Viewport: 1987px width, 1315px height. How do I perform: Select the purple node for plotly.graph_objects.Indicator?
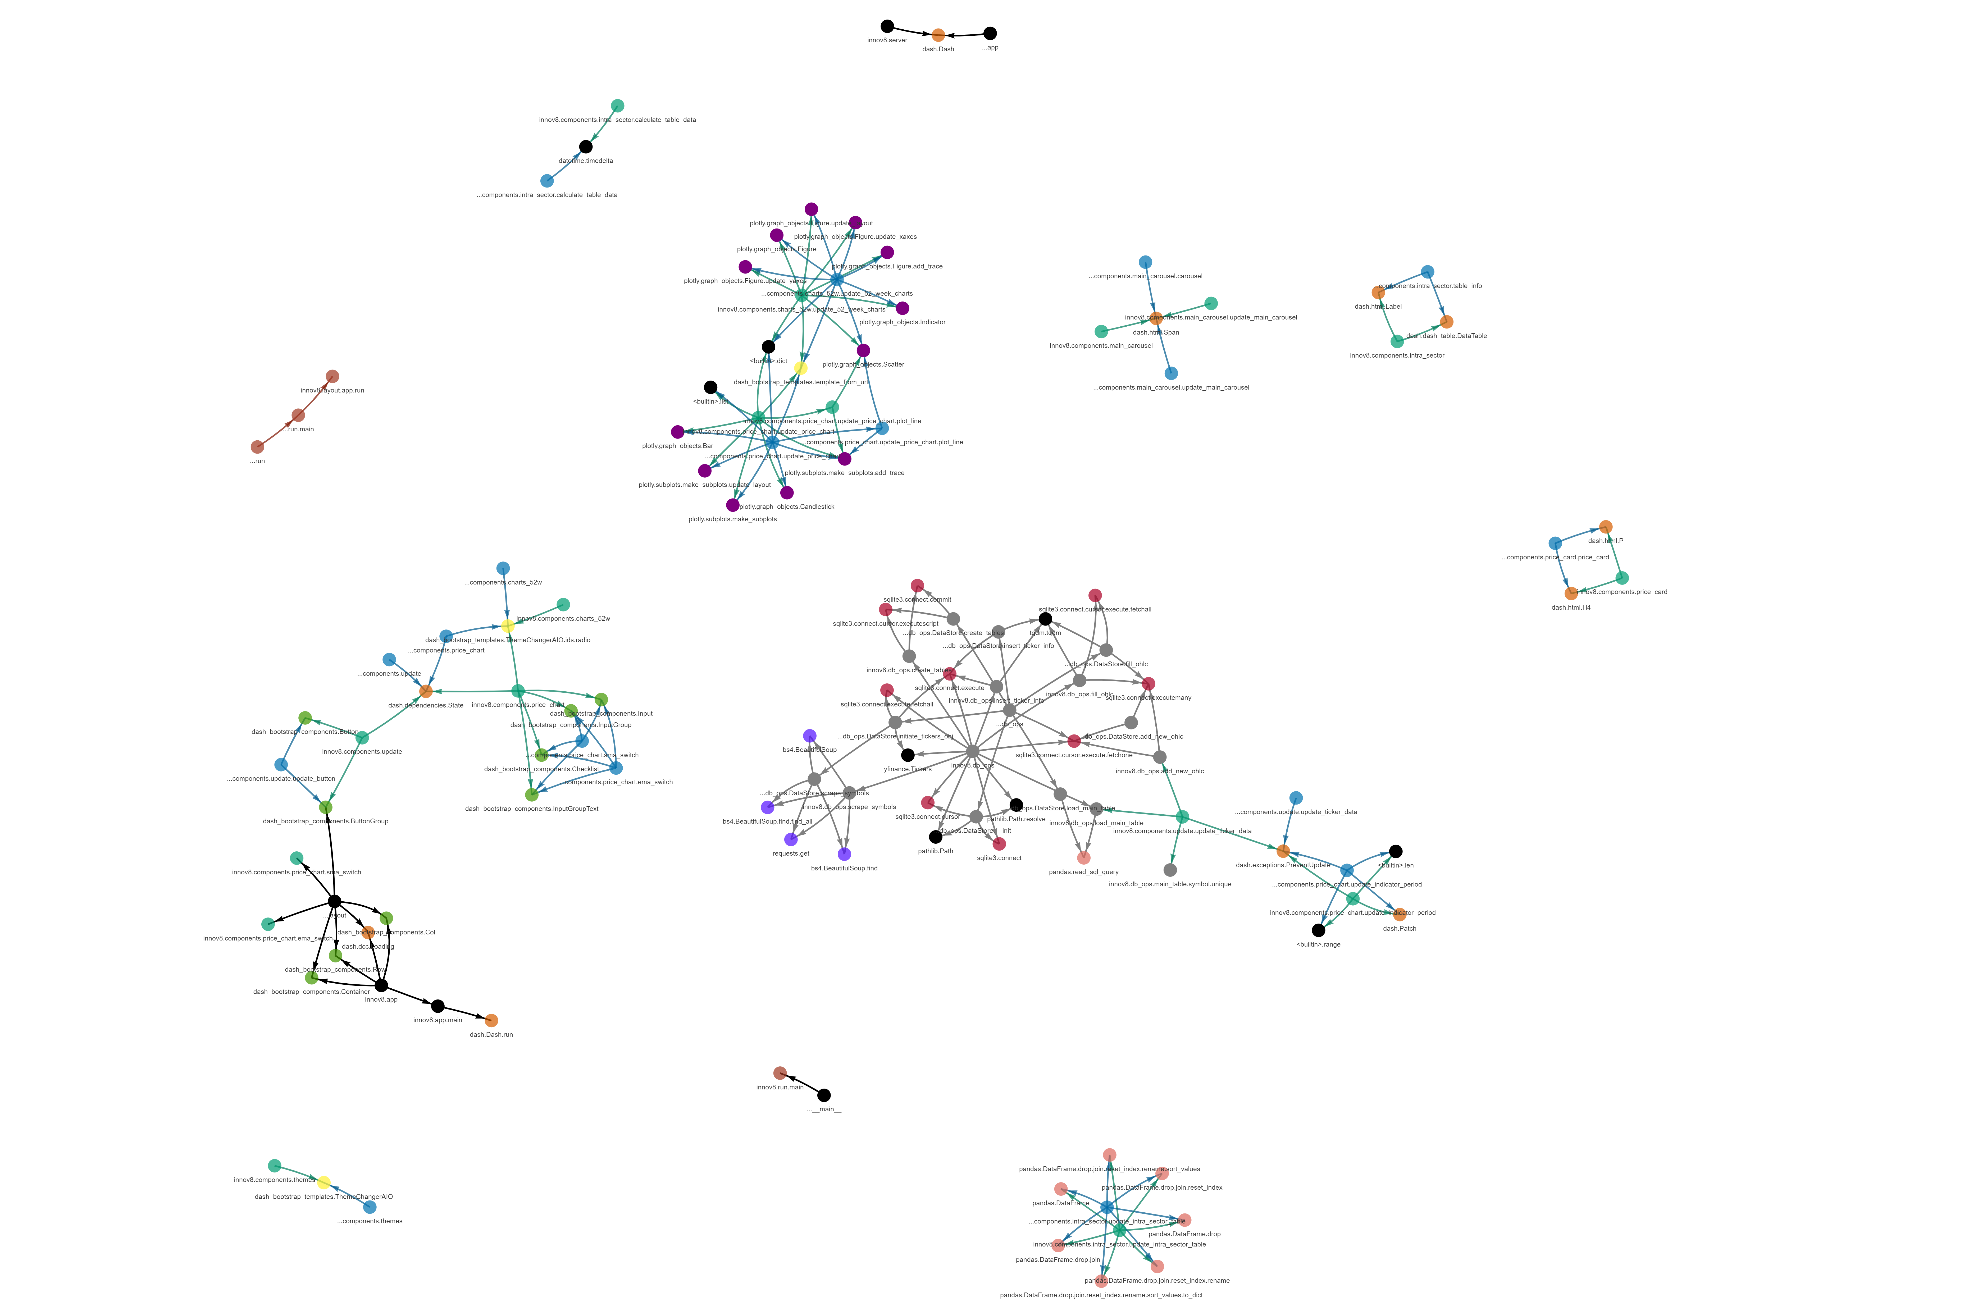pos(903,308)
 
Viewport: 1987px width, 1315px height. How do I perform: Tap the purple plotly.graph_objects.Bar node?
pos(678,432)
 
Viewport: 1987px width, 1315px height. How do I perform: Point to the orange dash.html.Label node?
pos(1378,293)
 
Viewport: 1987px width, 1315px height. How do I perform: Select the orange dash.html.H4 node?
pos(1571,593)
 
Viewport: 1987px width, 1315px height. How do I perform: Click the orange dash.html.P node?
pos(1605,527)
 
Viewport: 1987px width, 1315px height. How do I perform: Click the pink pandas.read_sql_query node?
pos(1084,858)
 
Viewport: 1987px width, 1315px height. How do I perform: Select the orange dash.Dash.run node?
pos(491,1021)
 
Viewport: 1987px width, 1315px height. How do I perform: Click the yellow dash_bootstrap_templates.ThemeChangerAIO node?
pos(324,1182)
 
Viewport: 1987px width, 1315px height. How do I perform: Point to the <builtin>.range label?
pos(1319,944)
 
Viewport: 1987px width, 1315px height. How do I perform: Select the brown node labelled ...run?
pos(257,447)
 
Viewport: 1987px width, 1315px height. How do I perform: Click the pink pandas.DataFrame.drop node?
pos(1184,1220)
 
